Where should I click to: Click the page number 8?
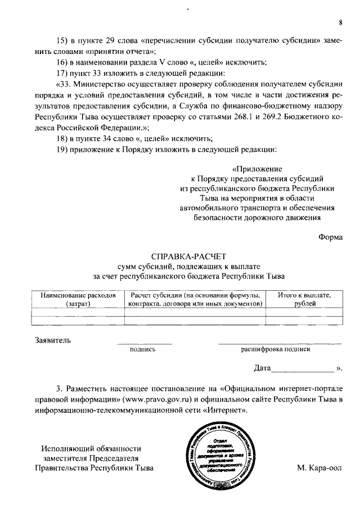point(340,22)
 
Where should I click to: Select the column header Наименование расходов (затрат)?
point(78,299)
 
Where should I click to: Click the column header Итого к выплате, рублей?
point(304,299)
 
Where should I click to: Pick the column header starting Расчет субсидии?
point(195,299)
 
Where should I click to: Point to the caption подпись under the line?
point(142,349)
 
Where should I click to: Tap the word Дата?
point(262,369)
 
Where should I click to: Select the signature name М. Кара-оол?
point(318,468)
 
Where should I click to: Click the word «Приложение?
point(256,169)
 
